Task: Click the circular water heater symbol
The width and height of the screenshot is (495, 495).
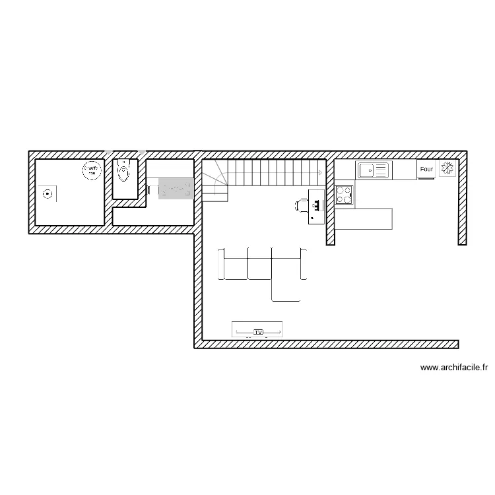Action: point(91,170)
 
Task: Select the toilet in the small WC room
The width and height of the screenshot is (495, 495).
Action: point(123,172)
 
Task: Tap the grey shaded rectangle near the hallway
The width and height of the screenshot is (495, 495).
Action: point(176,189)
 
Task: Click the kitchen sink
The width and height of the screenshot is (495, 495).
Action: point(373,171)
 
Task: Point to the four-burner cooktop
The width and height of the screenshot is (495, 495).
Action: point(344,195)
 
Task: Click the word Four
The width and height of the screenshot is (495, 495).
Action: point(426,170)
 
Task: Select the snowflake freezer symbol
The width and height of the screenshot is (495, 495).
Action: point(447,169)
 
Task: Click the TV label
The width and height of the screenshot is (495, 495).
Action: point(257,331)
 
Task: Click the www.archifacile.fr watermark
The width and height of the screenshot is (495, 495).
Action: point(453,369)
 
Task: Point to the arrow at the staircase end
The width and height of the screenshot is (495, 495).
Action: point(320,172)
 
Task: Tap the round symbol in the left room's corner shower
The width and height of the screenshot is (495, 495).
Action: point(47,193)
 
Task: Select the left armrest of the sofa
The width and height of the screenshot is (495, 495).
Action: point(222,264)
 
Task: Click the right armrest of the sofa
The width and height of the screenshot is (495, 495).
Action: point(304,264)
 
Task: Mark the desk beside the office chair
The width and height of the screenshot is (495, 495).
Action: point(316,207)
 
